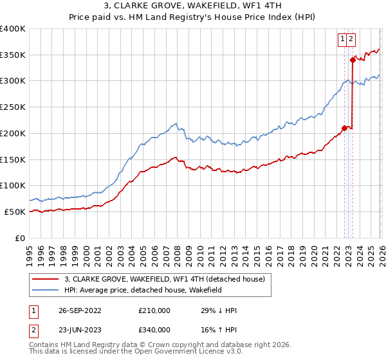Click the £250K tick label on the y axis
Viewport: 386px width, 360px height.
point(13,107)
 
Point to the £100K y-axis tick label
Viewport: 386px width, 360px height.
point(13,186)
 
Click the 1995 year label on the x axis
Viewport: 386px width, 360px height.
point(30,250)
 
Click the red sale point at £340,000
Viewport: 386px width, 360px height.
point(353,60)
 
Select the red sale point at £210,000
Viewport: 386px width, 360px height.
point(344,128)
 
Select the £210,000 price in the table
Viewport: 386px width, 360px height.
point(154,310)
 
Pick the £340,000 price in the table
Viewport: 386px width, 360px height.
point(154,330)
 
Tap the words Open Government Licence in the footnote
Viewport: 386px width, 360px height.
point(192,353)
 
